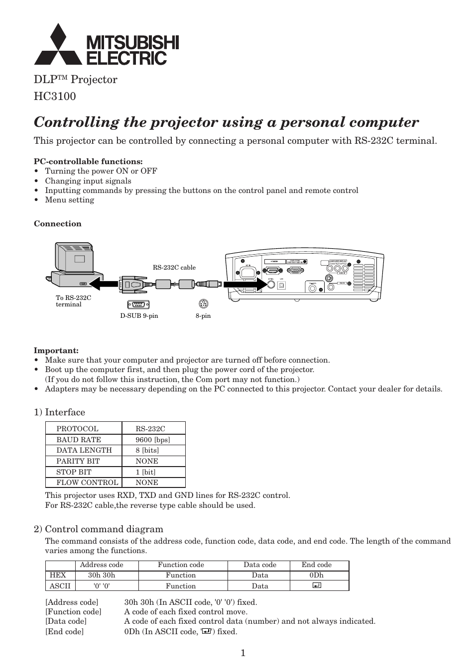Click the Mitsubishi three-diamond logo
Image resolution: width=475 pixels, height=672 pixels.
point(58,45)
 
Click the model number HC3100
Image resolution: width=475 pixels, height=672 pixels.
point(55,96)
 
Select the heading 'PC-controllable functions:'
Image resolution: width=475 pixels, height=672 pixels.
point(88,161)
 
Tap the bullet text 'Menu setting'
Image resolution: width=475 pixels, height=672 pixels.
point(69,200)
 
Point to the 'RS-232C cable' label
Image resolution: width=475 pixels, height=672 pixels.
point(174,267)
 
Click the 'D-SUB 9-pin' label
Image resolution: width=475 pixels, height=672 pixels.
point(139,316)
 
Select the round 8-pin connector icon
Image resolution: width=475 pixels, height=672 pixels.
point(203,304)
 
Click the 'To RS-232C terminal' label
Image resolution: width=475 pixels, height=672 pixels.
point(73,301)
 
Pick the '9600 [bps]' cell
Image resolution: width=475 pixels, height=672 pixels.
point(153,440)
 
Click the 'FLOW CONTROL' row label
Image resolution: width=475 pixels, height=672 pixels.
point(87,482)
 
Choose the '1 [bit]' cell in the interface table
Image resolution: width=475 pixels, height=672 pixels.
point(145,472)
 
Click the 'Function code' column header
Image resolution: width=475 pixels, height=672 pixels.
point(181,565)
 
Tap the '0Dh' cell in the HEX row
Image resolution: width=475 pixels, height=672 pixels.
point(316,575)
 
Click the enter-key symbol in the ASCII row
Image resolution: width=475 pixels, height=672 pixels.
point(317,585)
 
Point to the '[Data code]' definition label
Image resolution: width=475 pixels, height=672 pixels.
point(66,621)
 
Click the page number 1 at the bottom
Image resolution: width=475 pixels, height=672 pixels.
point(243,653)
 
